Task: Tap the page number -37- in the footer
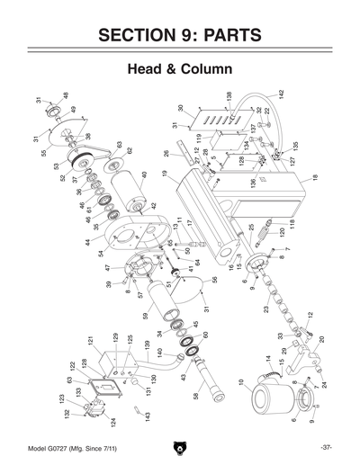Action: point(327,447)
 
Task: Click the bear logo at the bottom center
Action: point(179,447)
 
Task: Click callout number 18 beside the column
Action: point(315,178)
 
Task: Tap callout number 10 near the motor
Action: point(239,383)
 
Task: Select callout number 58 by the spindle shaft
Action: point(194,395)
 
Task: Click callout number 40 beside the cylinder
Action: point(143,175)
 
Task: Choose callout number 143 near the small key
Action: point(147,416)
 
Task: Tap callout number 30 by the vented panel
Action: point(180,109)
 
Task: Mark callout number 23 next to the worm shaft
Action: point(266,309)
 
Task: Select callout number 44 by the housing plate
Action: point(89,243)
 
